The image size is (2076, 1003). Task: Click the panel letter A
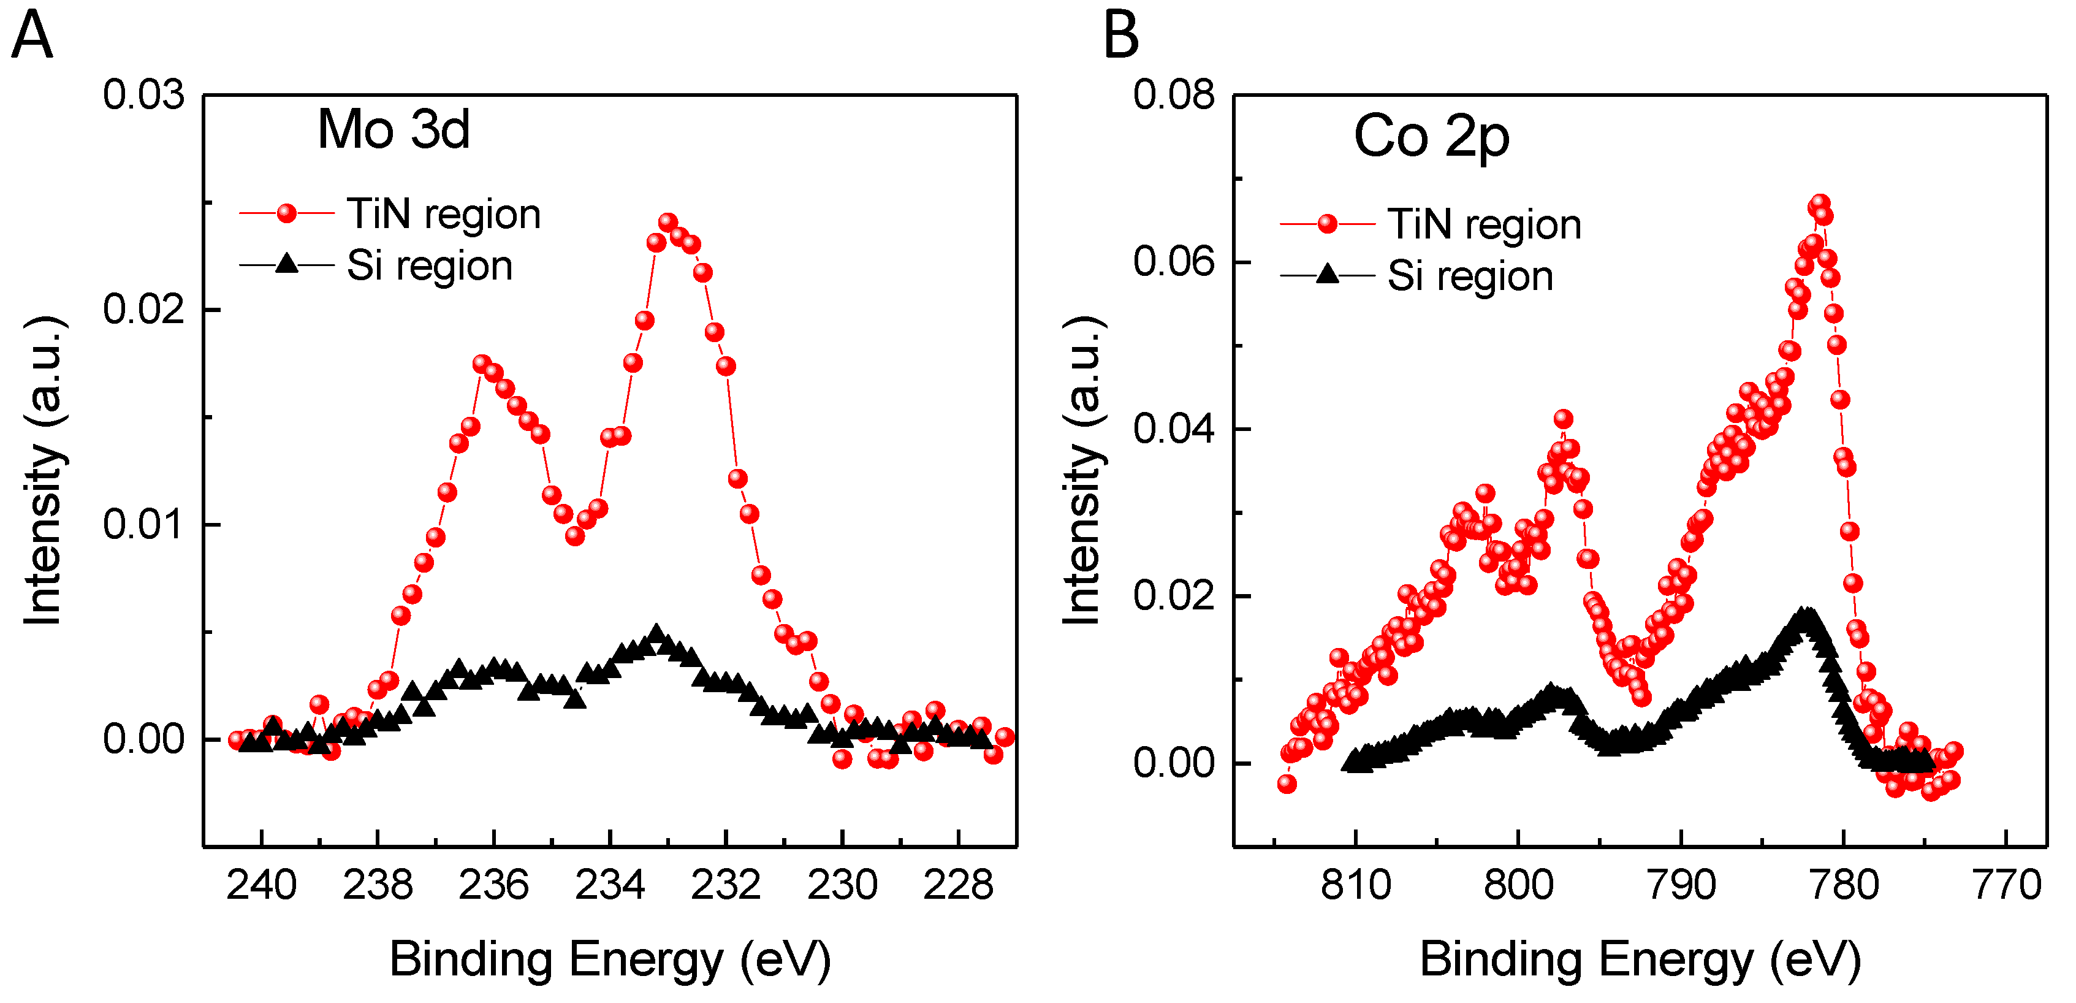[32, 36]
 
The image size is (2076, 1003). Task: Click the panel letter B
[1121, 36]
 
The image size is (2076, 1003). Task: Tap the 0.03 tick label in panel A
[143, 95]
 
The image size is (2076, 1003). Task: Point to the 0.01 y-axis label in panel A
[143, 525]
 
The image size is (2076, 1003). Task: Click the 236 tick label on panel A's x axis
[493, 885]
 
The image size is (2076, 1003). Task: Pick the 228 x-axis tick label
[957, 885]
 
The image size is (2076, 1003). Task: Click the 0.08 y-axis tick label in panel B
[1173, 95]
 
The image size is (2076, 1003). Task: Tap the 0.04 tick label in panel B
[1173, 428]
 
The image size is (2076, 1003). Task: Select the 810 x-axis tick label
[1356, 885]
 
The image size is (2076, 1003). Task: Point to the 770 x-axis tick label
[2006, 885]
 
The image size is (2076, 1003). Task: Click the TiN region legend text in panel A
[443, 215]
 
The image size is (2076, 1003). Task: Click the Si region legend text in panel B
[1470, 276]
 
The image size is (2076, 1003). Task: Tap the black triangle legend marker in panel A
[287, 264]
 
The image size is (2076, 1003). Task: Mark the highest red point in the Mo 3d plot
[667, 222]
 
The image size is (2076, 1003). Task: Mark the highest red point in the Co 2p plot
[1820, 204]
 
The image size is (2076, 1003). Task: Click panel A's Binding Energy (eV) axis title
[610, 959]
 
